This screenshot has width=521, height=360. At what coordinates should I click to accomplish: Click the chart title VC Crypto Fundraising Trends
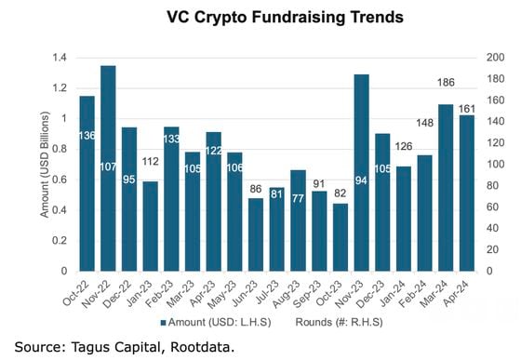[x=272, y=17]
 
